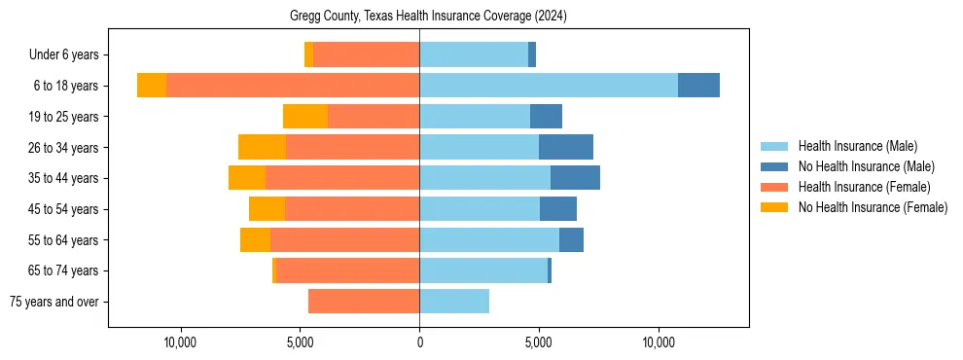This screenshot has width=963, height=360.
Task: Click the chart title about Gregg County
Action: [x=428, y=17]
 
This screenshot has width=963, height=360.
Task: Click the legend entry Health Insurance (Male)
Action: [x=857, y=146]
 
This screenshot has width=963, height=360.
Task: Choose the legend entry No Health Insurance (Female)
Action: [x=873, y=207]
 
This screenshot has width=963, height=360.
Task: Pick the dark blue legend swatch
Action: [x=775, y=166]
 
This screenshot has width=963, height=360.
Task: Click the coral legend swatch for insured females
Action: [x=775, y=187]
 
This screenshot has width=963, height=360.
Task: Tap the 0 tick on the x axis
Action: [x=419, y=342]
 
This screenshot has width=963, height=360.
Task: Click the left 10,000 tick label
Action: [x=181, y=342]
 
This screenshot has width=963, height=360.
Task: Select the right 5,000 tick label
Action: [x=539, y=342]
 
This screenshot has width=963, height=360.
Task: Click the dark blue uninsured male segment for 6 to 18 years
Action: [x=698, y=86]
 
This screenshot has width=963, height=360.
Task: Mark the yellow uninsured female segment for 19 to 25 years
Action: [x=305, y=117]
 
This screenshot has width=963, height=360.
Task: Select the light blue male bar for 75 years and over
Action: [x=454, y=302]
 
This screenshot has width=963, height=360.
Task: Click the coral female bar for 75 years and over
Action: [x=364, y=302]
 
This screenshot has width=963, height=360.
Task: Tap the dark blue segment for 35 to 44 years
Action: [x=575, y=178]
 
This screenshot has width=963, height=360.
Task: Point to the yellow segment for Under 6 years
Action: [x=308, y=54]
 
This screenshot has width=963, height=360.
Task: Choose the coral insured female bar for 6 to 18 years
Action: [x=292, y=86]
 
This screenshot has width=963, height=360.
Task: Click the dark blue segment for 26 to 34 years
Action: [x=566, y=147]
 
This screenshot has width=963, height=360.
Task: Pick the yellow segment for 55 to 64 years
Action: [x=255, y=239]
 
